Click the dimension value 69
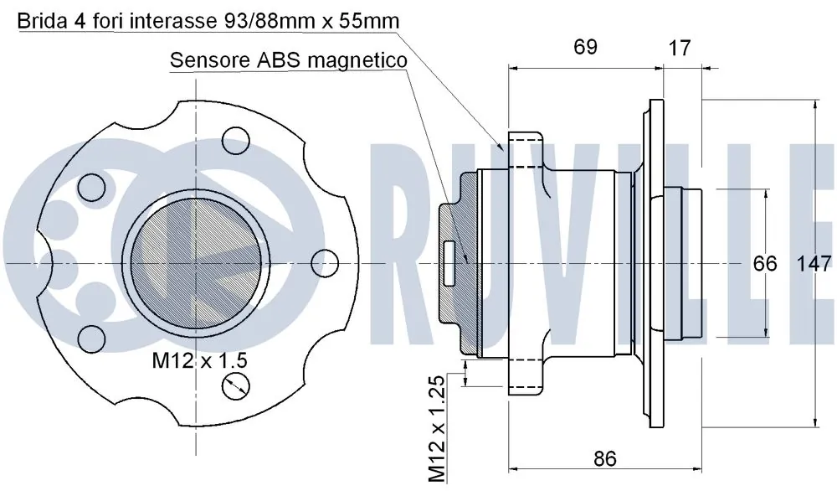point(585,47)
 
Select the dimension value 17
point(680,48)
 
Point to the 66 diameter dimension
point(765,263)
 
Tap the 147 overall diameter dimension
point(814,263)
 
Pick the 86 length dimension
point(604,458)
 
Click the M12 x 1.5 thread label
point(199,360)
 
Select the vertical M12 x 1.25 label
point(437,427)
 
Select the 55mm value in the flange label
point(365,20)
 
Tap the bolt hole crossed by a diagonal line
point(236,385)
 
